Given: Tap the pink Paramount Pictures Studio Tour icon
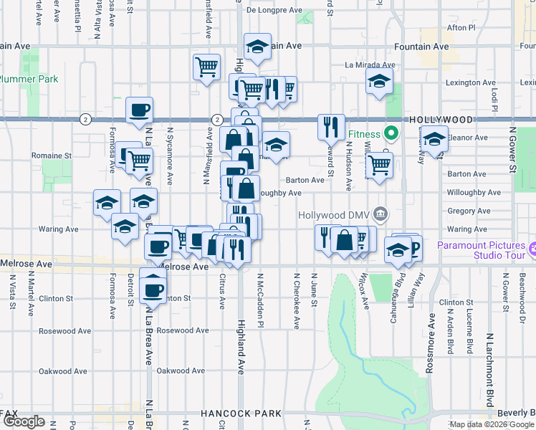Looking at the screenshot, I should pos(533,250).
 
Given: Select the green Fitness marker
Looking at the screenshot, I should pos(391,133).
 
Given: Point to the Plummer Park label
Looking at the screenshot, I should pos(29,79).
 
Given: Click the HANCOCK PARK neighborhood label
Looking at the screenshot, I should pos(242,414).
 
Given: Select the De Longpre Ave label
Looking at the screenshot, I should pos(274,10).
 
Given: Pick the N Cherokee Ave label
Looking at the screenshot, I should pos(296,300).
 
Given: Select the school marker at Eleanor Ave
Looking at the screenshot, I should pos(434,140).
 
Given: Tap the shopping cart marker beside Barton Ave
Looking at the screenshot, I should pos(379,166).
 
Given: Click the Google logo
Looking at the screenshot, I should pos(24,421).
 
